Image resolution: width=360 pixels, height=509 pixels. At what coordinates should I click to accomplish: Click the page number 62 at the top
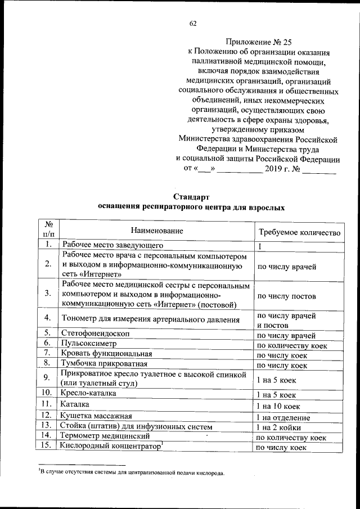point(193,24)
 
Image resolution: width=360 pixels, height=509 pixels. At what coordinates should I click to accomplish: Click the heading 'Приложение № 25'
point(259,41)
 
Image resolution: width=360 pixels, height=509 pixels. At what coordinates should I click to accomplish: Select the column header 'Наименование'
point(157,231)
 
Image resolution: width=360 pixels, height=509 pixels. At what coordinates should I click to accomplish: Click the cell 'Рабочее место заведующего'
point(112,245)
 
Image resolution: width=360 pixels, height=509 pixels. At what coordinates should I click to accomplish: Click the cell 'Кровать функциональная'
point(107,354)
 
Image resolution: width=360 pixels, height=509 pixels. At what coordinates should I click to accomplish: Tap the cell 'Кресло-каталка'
point(90,394)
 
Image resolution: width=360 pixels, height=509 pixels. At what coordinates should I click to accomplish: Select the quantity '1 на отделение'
point(283,417)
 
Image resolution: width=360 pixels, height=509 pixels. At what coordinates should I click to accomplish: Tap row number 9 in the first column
point(48,378)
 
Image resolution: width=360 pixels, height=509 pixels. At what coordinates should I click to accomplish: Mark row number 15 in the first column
point(48,445)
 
